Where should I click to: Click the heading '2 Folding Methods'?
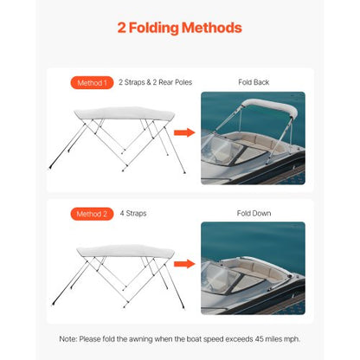coord(179,29)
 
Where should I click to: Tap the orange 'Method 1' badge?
coord(91,83)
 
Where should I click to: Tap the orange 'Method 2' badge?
coord(91,213)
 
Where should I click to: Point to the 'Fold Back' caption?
coord(253,83)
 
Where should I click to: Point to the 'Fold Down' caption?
coord(253,213)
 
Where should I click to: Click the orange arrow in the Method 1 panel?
coord(183,132)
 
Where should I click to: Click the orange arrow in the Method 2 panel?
coord(183,263)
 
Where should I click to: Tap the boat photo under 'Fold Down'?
coord(253,267)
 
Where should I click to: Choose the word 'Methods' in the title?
coord(208,29)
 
